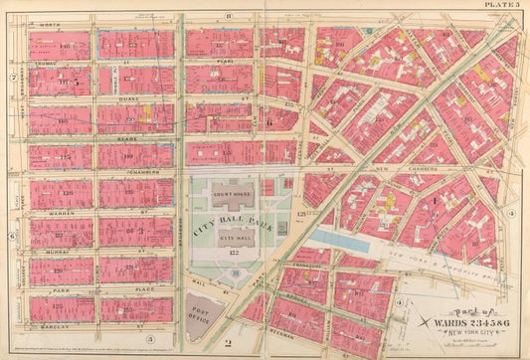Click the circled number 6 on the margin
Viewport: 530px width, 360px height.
tap(11, 236)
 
